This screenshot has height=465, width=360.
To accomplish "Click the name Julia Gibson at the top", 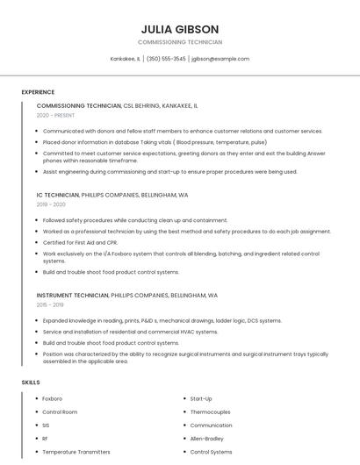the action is (x=180, y=29).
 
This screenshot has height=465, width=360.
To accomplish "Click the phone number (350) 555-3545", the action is (x=166, y=59).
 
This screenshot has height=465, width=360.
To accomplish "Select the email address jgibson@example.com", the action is (x=220, y=59).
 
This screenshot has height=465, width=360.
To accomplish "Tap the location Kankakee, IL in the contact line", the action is (x=126, y=59).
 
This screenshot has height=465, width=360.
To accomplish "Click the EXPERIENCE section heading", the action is (x=38, y=92).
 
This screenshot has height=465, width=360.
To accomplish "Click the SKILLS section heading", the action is (x=31, y=383).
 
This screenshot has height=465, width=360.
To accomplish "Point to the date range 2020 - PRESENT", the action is (x=55, y=116).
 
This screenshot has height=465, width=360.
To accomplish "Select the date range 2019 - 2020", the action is (x=51, y=204).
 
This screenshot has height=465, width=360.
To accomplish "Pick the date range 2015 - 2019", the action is (x=51, y=305).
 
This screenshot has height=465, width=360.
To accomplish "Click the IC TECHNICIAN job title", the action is (x=57, y=194).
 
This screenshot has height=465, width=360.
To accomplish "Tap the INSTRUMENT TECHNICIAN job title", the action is (x=73, y=296).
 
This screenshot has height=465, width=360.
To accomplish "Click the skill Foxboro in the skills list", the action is (x=53, y=398).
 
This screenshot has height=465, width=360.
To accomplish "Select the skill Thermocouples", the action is (x=211, y=411).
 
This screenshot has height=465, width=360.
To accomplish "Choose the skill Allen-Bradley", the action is (x=208, y=438).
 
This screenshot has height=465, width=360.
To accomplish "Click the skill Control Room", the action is (x=60, y=411).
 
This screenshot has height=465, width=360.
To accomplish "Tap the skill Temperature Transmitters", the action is (x=76, y=452).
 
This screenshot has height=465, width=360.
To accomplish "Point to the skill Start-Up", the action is (x=201, y=398).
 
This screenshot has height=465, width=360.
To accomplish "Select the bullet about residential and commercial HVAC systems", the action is (x=130, y=332).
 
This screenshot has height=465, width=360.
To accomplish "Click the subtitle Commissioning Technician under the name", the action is (x=180, y=42).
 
